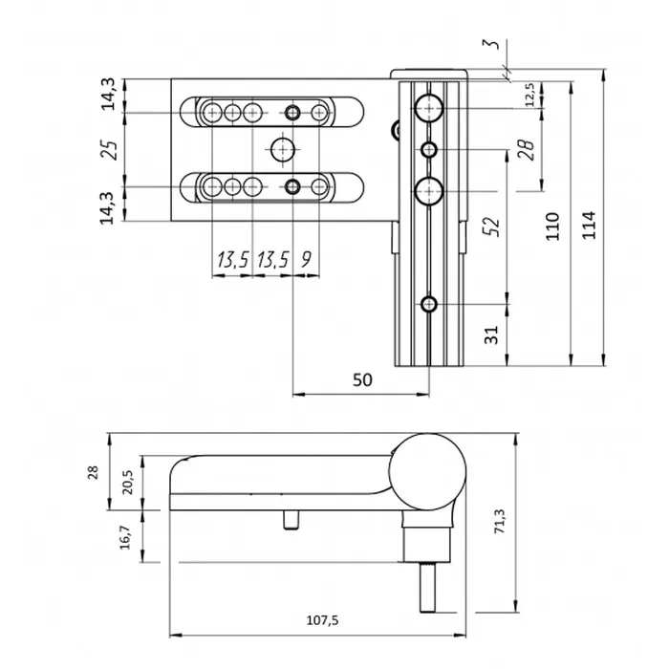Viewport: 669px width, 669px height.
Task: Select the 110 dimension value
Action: point(552,227)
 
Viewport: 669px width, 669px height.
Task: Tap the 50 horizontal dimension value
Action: point(362,379)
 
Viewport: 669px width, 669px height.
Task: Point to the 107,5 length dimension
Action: point(323,620)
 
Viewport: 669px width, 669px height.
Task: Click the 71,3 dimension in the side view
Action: point(500,522)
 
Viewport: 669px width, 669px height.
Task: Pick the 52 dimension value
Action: point(491,227)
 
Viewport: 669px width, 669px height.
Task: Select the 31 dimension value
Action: point(491,334)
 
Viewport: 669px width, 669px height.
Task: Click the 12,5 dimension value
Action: point(529,95)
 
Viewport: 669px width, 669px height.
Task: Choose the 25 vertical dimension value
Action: point(110,150)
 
